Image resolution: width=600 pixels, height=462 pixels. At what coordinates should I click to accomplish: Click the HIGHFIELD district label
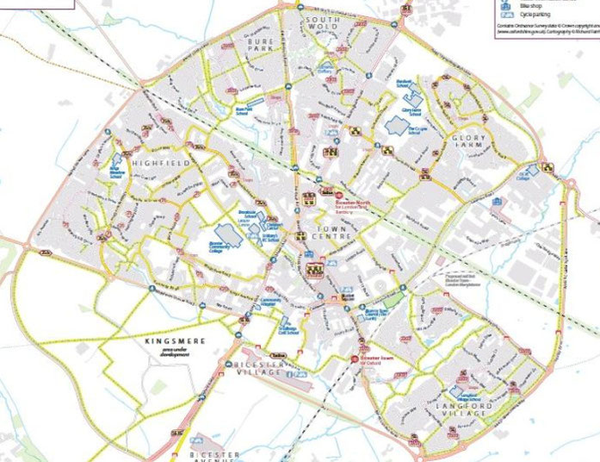pos(155,161)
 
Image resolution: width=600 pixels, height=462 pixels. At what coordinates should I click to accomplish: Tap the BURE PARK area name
pos(258,45)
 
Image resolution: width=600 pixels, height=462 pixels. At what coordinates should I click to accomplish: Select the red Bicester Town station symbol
pos(354,359)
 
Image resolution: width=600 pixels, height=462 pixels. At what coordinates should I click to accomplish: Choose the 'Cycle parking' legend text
pos(535,15)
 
